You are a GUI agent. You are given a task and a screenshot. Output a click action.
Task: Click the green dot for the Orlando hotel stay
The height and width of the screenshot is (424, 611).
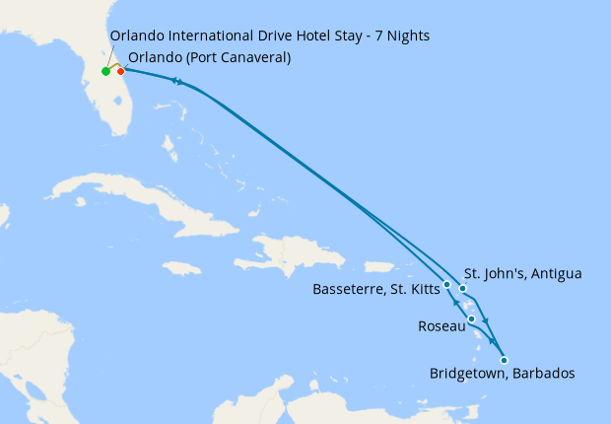(x=105, y=71)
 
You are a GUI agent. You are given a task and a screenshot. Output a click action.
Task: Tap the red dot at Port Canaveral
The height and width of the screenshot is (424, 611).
(x=121, y=71)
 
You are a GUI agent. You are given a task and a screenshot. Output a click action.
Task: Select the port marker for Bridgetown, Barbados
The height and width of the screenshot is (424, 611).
(x=504, y=360)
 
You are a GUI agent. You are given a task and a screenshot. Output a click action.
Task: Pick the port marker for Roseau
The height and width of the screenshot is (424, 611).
(x=472, y=319)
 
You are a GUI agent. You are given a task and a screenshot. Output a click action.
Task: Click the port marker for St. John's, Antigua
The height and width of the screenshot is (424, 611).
(x=462, y=288)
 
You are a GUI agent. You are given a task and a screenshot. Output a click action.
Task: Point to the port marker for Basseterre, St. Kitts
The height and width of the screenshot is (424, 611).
(x=447, y=284)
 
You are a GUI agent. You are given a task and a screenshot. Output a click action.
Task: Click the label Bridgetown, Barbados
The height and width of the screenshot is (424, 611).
(x=502, y=374)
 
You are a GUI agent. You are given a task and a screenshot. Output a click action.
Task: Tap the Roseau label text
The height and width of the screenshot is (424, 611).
(x=440, y=324)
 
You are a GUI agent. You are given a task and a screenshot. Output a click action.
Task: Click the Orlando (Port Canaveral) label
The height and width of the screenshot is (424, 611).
(x=209, y=57)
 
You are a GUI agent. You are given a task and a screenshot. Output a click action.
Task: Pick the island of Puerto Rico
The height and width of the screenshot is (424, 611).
(x=379, y=266)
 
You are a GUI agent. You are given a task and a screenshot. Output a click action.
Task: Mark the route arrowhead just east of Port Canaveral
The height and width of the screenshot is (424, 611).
(x=179, y=82)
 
